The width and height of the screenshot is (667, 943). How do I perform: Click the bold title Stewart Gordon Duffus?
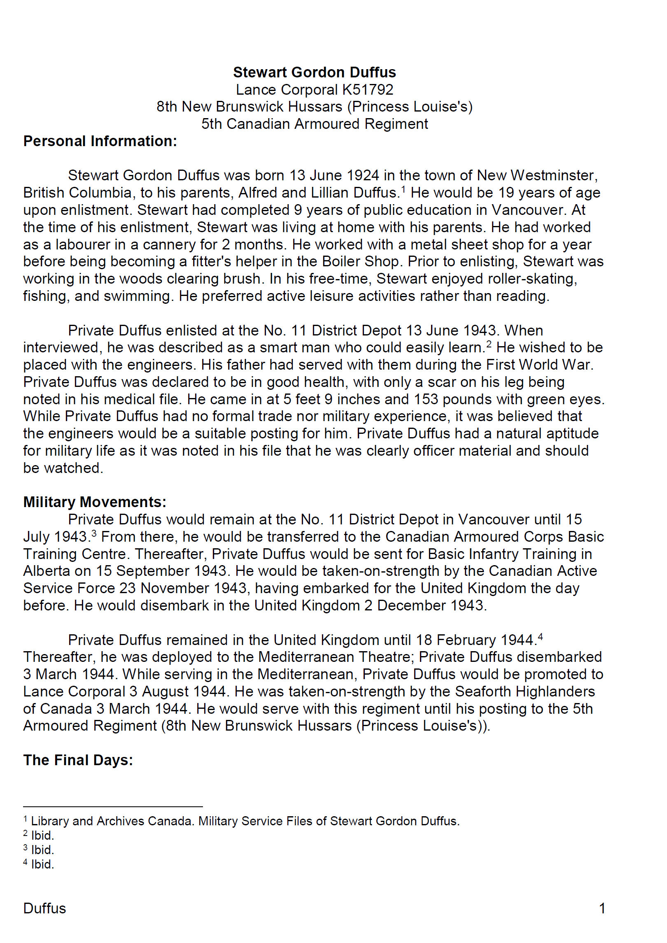(x=314, y=72)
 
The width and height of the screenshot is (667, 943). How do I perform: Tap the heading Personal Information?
(x=100, y=141)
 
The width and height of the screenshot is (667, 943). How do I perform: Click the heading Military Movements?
(x=95, y=502)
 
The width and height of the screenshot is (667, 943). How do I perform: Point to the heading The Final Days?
(x=78, y=760)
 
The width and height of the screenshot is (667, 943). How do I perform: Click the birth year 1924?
(x=363, y=175)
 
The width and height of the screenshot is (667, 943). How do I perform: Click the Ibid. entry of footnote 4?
(x=42, y=864)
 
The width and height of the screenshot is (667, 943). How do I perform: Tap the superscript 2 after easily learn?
(x=489, y=344)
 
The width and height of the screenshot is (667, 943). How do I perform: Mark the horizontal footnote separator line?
(x=113, y=807)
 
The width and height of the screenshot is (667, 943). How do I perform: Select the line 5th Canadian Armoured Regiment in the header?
(x=315, y=124)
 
